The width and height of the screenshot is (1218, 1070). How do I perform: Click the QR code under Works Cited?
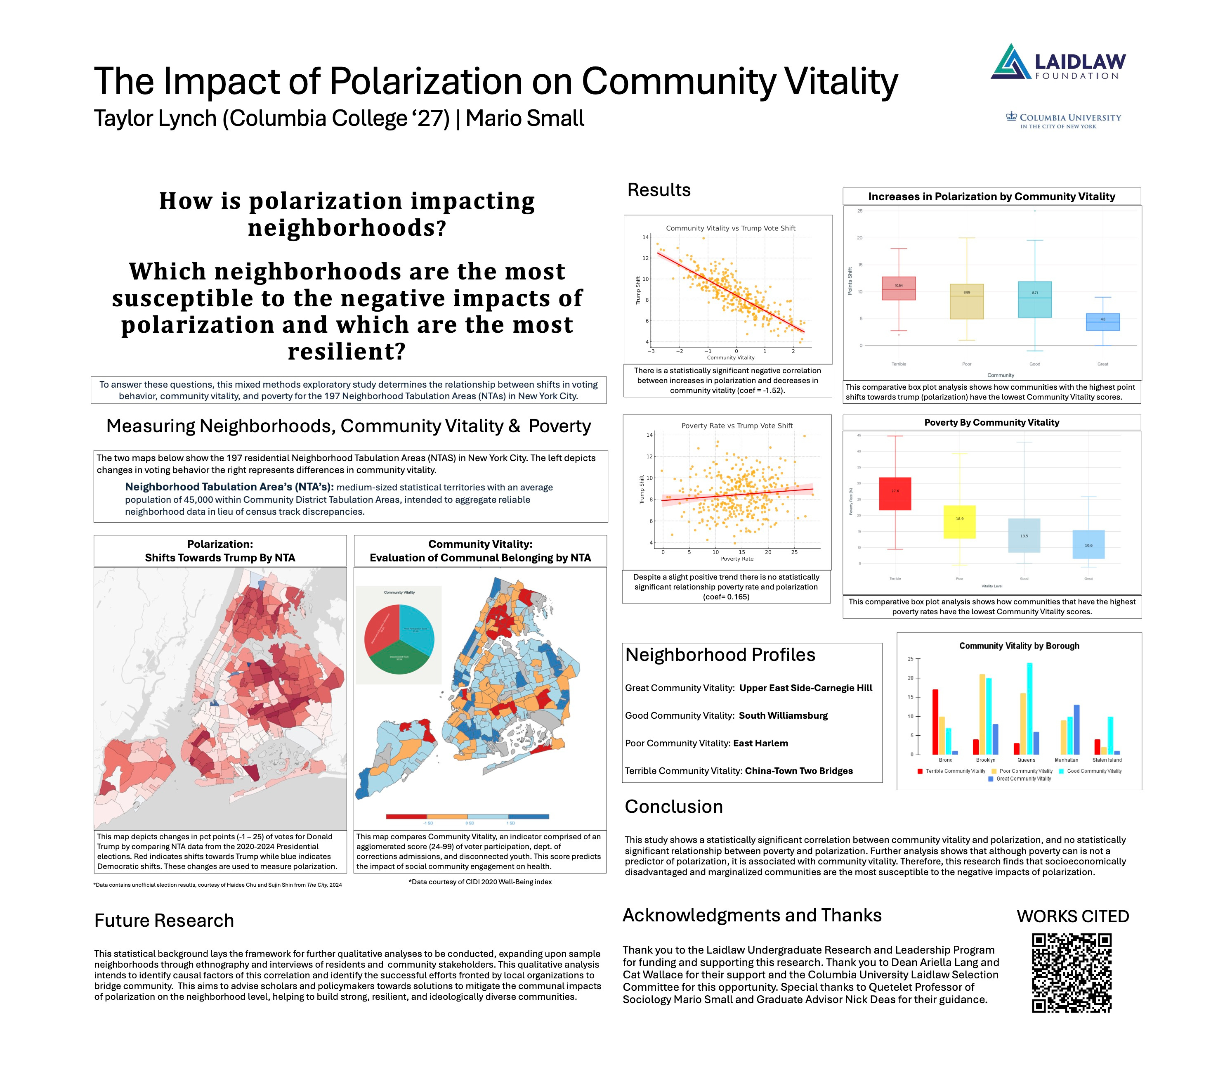point(1072,972)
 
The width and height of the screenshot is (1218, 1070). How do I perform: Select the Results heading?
point(659,190)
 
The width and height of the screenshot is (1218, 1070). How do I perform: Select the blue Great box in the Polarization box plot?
point(1102,322)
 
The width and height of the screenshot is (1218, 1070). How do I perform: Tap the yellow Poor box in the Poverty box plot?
point(959,522)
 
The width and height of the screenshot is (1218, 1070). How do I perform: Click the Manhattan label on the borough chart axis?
point(1066,760)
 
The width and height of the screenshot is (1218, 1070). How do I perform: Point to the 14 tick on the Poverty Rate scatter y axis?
point(649,435)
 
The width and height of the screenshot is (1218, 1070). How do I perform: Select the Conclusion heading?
point(673,807)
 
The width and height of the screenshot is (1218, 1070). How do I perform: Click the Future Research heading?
point(164,921)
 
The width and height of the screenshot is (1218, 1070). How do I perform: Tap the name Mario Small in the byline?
point(524,118)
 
